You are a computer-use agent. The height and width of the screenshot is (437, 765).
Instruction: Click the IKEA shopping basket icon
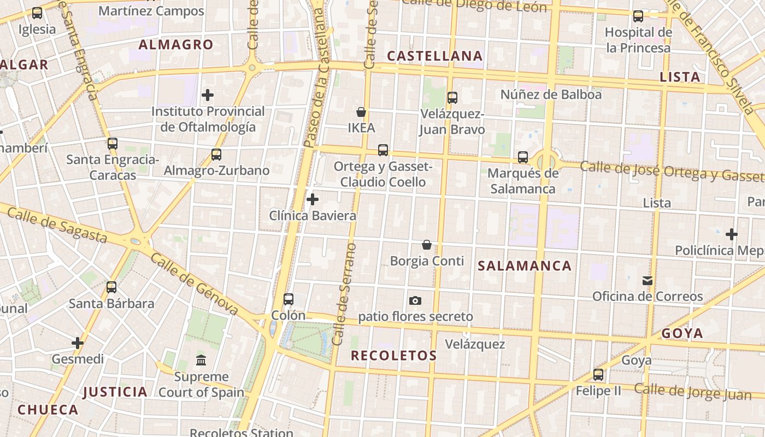[x=361, y=113]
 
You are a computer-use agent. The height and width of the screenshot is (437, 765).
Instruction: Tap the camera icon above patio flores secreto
[x=415, y=300]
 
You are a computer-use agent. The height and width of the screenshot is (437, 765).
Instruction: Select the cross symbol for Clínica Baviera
[x=313, y=199]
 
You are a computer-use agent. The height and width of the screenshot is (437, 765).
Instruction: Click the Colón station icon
[x=289, y=299]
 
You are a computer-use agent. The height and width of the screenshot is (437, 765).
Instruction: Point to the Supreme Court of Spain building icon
[x=201, y=361]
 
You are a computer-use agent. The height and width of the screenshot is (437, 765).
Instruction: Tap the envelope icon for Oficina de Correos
[x=648, y=281]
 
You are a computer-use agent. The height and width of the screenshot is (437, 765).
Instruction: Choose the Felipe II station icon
[x=598, y=375]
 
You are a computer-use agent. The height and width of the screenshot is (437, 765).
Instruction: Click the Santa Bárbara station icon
[x=111, y=287]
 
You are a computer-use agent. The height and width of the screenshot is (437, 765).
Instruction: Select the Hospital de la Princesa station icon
[x=638, y=16]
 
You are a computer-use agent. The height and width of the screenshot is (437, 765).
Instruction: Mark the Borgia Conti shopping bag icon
[x=427, y=245]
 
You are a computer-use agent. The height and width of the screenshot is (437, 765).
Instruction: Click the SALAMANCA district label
[x=525, y=266]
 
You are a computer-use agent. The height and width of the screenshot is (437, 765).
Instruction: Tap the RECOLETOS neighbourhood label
[x=393, y=356]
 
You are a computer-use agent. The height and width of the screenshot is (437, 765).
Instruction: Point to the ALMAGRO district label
[x=175, y=45]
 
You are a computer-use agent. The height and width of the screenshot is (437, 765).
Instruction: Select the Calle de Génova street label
[x=195, y=284]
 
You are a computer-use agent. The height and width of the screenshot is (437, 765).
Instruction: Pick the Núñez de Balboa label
[x=551, y=95]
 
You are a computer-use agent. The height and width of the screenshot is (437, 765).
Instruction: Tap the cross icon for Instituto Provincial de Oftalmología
[x=208, y=96]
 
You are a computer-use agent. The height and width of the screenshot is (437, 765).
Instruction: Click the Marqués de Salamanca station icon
[x=523, y=157]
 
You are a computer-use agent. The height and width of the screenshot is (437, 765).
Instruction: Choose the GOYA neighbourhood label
[x=682, y=333]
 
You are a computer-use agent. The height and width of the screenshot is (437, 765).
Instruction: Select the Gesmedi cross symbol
[x=78, y=343]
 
